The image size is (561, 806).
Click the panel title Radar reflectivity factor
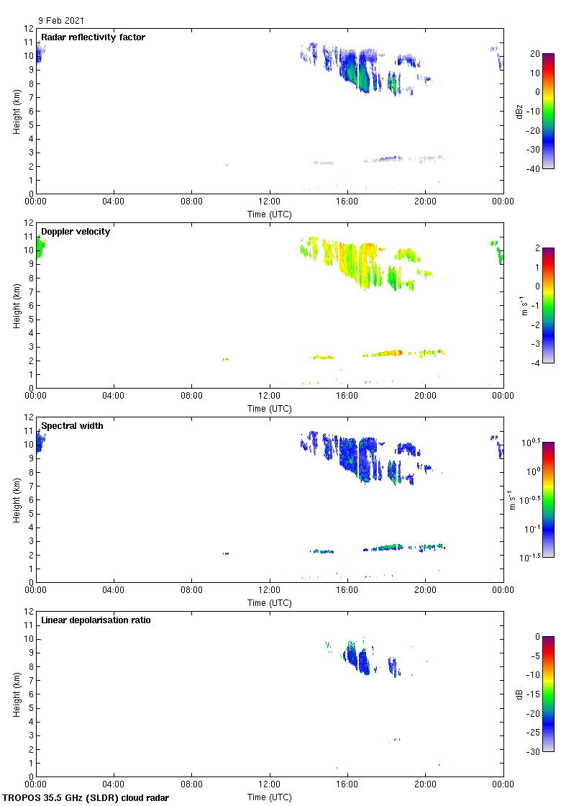(x=93, y=37)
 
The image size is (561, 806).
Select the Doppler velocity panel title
(x=76, y=231)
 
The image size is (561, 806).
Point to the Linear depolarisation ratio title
(x=96, y=620)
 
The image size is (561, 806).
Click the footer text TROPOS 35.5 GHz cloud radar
(x=86, y=797)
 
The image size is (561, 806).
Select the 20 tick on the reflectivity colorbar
(x=535, y=54)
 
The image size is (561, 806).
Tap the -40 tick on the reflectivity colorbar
(x=534, y=169)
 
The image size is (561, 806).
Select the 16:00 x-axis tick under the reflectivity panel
(x=347, y=201)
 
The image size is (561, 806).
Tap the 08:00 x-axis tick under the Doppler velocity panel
(x=191, y=396)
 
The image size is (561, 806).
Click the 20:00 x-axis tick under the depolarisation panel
(x=425, y=784)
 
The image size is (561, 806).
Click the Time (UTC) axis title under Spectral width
(x=270, y=602)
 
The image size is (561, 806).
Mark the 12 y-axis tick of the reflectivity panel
(x=29, y=29)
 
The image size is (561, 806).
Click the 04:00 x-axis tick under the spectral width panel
(x=114, y=590)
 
